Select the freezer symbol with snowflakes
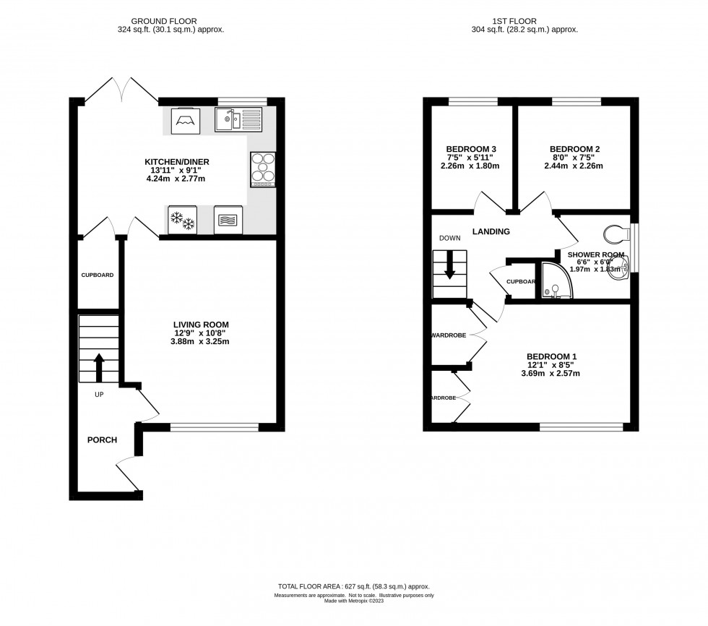click(x=182, y=220)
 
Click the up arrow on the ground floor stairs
click(x=98, y=366)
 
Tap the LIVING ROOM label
click(x=201, y=324)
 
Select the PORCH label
click(x=102, y=440)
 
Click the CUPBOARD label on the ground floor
click(x=97, y=275)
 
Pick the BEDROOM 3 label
click(x=470, y=149)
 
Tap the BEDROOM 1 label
click(x=551, y=356)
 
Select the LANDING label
click(x=491, y=232)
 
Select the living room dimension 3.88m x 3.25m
click(x=201, y=341)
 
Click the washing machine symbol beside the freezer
click(x=228, y=220)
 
